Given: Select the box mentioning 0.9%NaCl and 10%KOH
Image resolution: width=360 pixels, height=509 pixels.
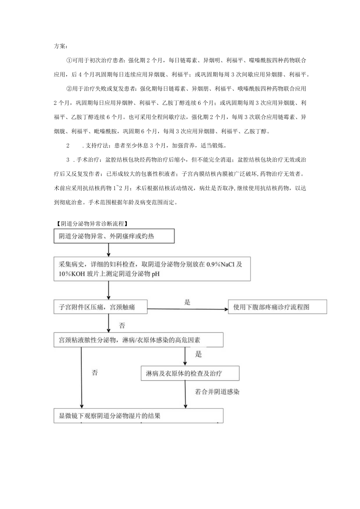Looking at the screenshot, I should click(x=152, y=269).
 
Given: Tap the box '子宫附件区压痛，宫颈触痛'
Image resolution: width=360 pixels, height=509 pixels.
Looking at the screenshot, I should click(x=101, y=307).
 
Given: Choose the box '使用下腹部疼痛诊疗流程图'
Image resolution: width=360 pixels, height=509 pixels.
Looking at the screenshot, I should click(x=277, y=307).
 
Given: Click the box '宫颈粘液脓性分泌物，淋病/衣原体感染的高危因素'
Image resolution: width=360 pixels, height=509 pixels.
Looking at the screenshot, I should click(x=139, y=340).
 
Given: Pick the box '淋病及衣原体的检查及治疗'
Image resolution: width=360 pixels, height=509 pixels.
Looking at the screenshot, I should click(x=190, y=373).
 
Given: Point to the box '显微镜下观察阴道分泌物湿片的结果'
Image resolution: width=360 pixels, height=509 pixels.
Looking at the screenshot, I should click(x=139, y=416).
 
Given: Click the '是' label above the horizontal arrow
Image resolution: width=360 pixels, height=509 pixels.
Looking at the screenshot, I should click(x=187, y=302).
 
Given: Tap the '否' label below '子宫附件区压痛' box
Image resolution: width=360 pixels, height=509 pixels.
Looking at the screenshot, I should click(x=122, y=325).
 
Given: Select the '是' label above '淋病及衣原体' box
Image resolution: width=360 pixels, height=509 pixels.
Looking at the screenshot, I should click(x=198, y=354).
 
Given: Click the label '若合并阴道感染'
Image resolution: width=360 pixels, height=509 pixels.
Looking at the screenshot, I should click(x=217, y=392).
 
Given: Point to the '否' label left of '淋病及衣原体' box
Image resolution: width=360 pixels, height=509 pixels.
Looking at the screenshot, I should click(x=94, y=373).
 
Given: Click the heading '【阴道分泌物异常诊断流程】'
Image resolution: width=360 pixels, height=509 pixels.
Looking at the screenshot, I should click(x=92, y=224).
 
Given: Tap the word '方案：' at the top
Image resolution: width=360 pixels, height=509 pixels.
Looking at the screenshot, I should click(x=61, y=46).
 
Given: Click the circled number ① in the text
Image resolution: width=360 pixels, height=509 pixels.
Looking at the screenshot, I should click(x=70, y=61).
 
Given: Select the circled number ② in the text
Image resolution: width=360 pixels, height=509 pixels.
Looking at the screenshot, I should click(x=70, y=89).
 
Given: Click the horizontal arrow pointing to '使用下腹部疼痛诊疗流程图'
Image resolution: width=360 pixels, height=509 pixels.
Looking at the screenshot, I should click(x=187, y=309).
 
